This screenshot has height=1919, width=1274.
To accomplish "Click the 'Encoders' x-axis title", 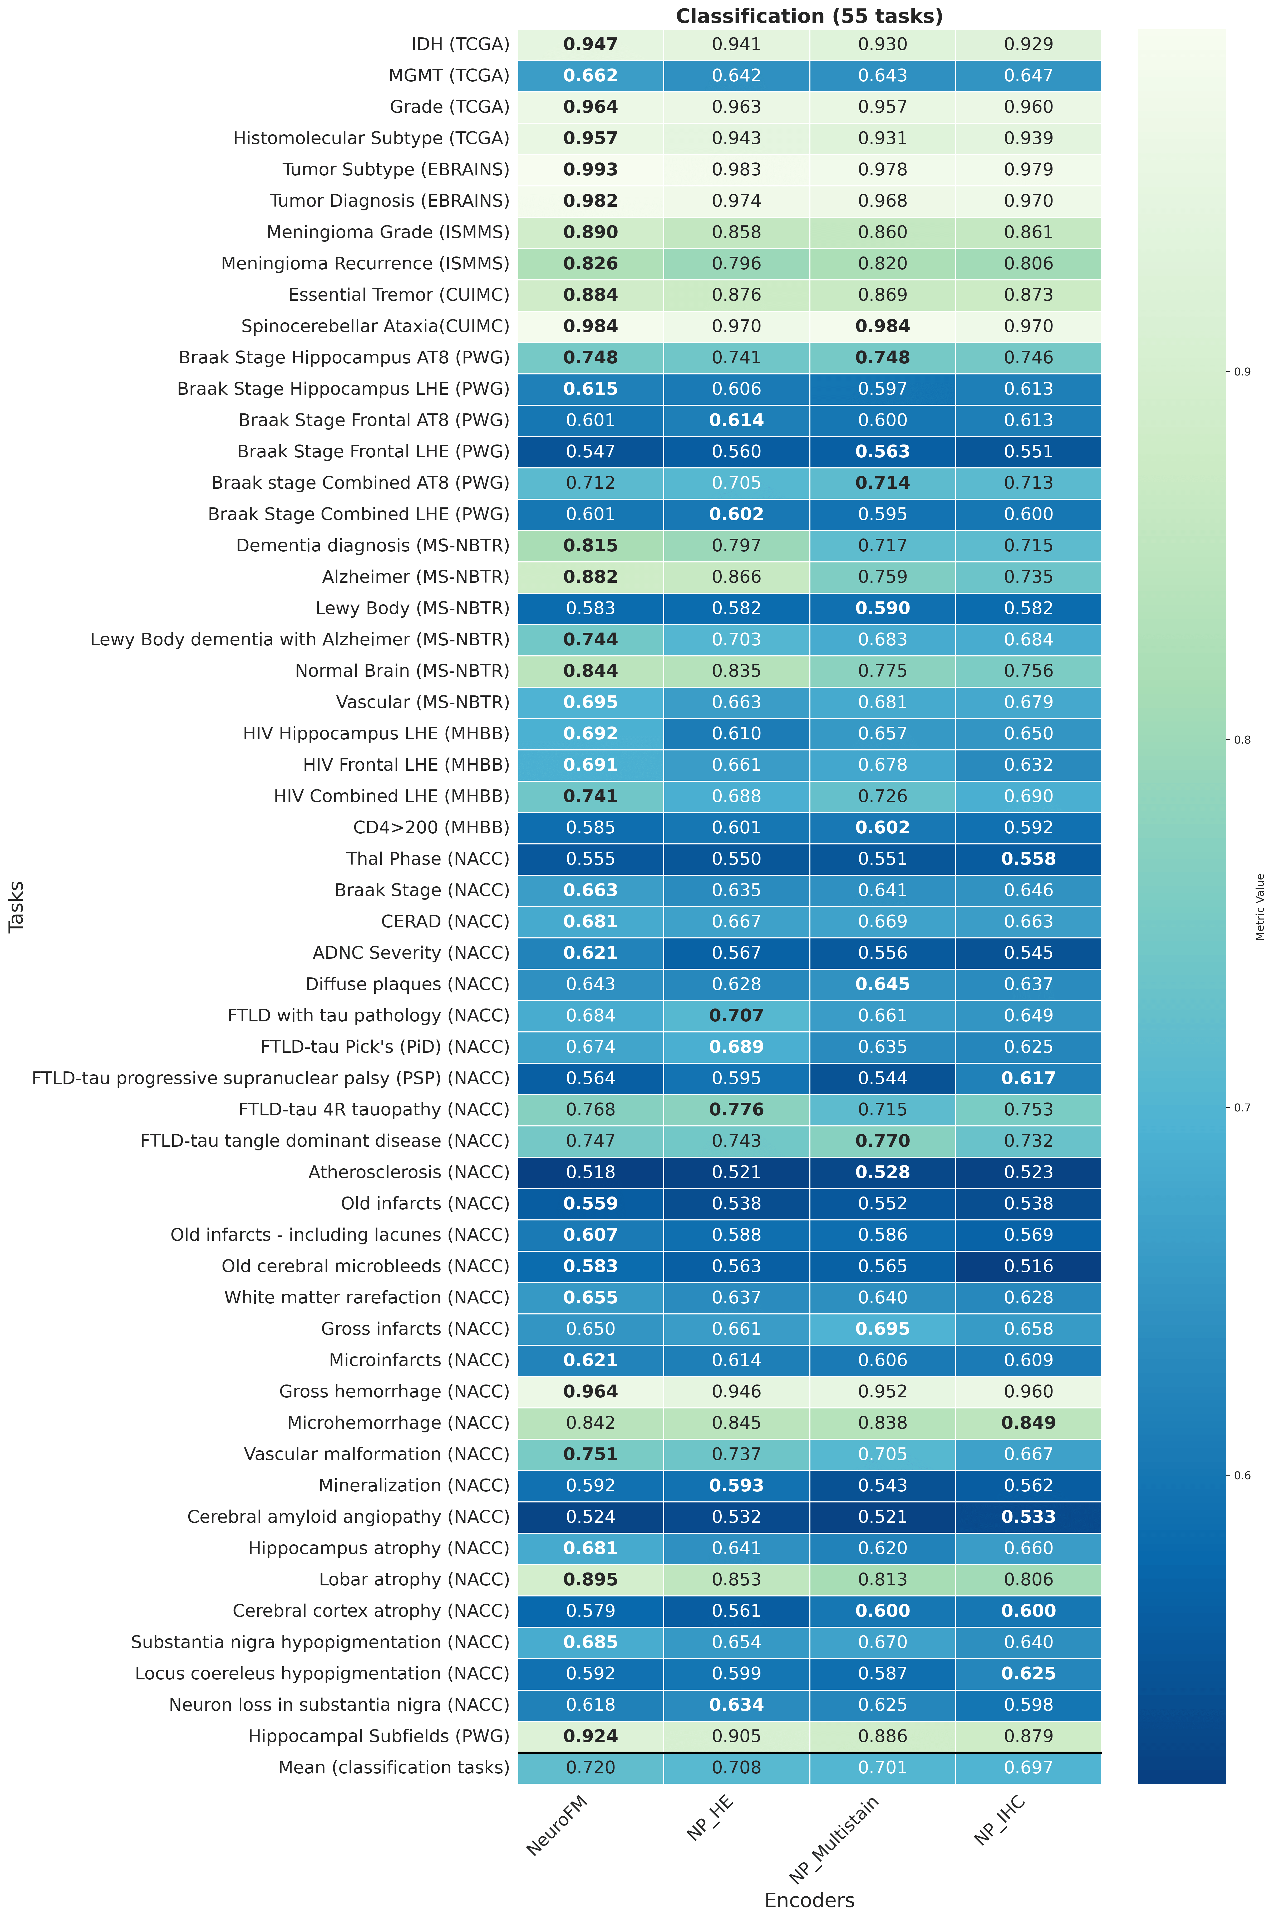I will point(809,1900).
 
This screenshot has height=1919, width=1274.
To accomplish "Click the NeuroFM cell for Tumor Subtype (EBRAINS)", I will point(591,170).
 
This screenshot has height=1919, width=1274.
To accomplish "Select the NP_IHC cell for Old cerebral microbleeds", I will point(1029,1266).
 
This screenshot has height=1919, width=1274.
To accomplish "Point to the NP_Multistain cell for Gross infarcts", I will point(882,1329).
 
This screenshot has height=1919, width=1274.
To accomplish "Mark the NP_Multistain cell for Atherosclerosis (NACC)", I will point(882,1172).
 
